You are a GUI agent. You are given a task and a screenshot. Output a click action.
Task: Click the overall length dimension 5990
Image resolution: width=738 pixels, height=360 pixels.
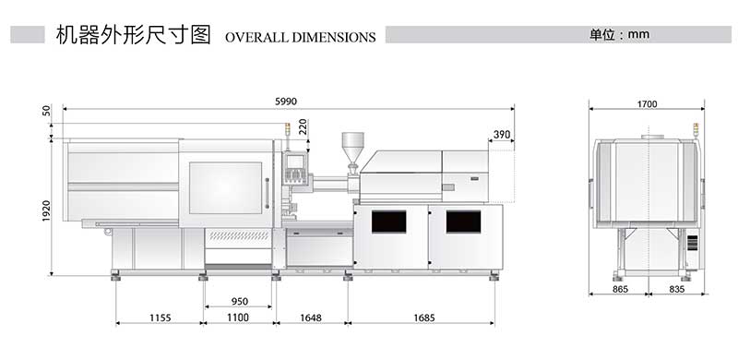pyautogui.click(x=286, y=102)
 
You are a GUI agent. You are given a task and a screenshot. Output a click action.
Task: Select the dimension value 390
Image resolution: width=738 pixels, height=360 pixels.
pyautogui.click(x=502, y=135)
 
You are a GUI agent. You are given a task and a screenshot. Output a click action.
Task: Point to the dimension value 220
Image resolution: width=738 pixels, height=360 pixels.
pyautogui.click(x=303, y=126)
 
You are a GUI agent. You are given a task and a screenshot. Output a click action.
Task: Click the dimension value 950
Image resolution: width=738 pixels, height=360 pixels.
pyautogui.click(x=239, y=302)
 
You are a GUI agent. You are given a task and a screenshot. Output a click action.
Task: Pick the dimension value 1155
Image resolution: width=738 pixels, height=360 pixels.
pyautogui.click(x=160, y=318)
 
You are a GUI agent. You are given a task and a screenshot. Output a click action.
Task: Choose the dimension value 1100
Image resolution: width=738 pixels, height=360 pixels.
pyautogui.click(x=239, y=318)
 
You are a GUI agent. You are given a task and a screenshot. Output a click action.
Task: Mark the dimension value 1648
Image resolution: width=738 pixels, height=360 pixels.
pyautogui.click(x=311, y=318)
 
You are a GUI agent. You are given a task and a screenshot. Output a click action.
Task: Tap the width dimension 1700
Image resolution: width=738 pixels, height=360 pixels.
pyautogui.click(x=647, y=104)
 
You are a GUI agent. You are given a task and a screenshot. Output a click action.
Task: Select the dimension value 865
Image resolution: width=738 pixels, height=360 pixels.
pyautogui.click(x=620, y=290)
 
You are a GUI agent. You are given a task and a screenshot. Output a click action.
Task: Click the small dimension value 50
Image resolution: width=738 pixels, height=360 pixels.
pyautogui.click(x=46, y=111)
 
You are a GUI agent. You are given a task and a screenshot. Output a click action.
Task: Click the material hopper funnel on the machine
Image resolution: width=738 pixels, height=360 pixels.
pyautogui.click(x=352, y=146)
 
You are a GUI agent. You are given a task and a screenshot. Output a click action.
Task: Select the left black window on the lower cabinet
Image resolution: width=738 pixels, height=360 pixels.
pyautogui.click(x=388, y=222)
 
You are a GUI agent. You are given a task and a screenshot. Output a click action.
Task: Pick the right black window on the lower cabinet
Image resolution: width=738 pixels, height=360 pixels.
pyautogui.click(x=463, y=222)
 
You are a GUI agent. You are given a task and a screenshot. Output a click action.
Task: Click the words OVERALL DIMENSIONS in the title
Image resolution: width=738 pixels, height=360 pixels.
pyautogui.click(x=300, y=38)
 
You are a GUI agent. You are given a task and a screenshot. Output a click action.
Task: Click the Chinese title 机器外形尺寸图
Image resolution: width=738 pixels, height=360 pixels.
pyautogui.click(x=133, y=35)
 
